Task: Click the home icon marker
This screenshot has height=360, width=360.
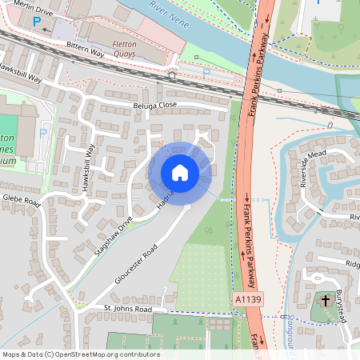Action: click(179, 172)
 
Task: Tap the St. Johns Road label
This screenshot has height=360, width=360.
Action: click(128, 308)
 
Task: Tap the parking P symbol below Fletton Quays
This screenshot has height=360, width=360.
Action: click(206, 74)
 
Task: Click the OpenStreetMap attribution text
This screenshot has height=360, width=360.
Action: click(80, 354)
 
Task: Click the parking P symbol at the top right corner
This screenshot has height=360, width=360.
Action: click(318, 2)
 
